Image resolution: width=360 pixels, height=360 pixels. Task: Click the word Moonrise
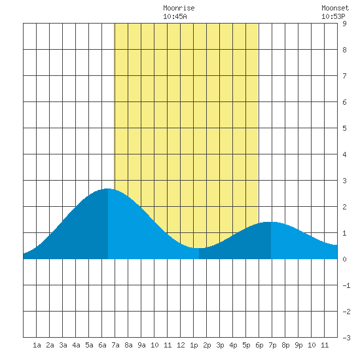(179, 8)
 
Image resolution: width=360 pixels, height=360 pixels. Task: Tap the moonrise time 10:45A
(175, 16)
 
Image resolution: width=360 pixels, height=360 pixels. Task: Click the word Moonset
(335, 8)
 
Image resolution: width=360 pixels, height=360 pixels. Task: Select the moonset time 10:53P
(333, 16)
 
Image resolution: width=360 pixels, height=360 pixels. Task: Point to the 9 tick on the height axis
(344, 24)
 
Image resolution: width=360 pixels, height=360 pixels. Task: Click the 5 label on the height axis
(344, 128)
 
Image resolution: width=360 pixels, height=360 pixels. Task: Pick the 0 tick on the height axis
(344, 259)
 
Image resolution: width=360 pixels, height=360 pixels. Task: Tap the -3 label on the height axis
(346, 338)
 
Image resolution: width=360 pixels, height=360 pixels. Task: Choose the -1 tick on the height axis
(346, 285)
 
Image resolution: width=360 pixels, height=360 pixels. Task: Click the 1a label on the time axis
(37, 345)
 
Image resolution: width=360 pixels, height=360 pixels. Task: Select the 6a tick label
(102, 345)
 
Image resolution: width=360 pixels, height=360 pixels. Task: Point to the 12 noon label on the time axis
(181, 345)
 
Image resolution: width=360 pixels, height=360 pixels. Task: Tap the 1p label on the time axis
(194, 345)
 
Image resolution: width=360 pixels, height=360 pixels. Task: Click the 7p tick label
(272, 345)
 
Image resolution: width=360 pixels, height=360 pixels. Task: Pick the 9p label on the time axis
(298, 345)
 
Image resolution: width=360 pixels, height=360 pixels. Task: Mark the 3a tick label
(63, 345)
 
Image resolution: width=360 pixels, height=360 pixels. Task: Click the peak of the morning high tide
(107, 189)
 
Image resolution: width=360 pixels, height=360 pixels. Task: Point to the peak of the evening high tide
(270, 222)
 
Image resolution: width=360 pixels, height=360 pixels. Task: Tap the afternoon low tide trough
(199, 248)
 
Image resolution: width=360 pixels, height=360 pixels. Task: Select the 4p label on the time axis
(233, 345)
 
